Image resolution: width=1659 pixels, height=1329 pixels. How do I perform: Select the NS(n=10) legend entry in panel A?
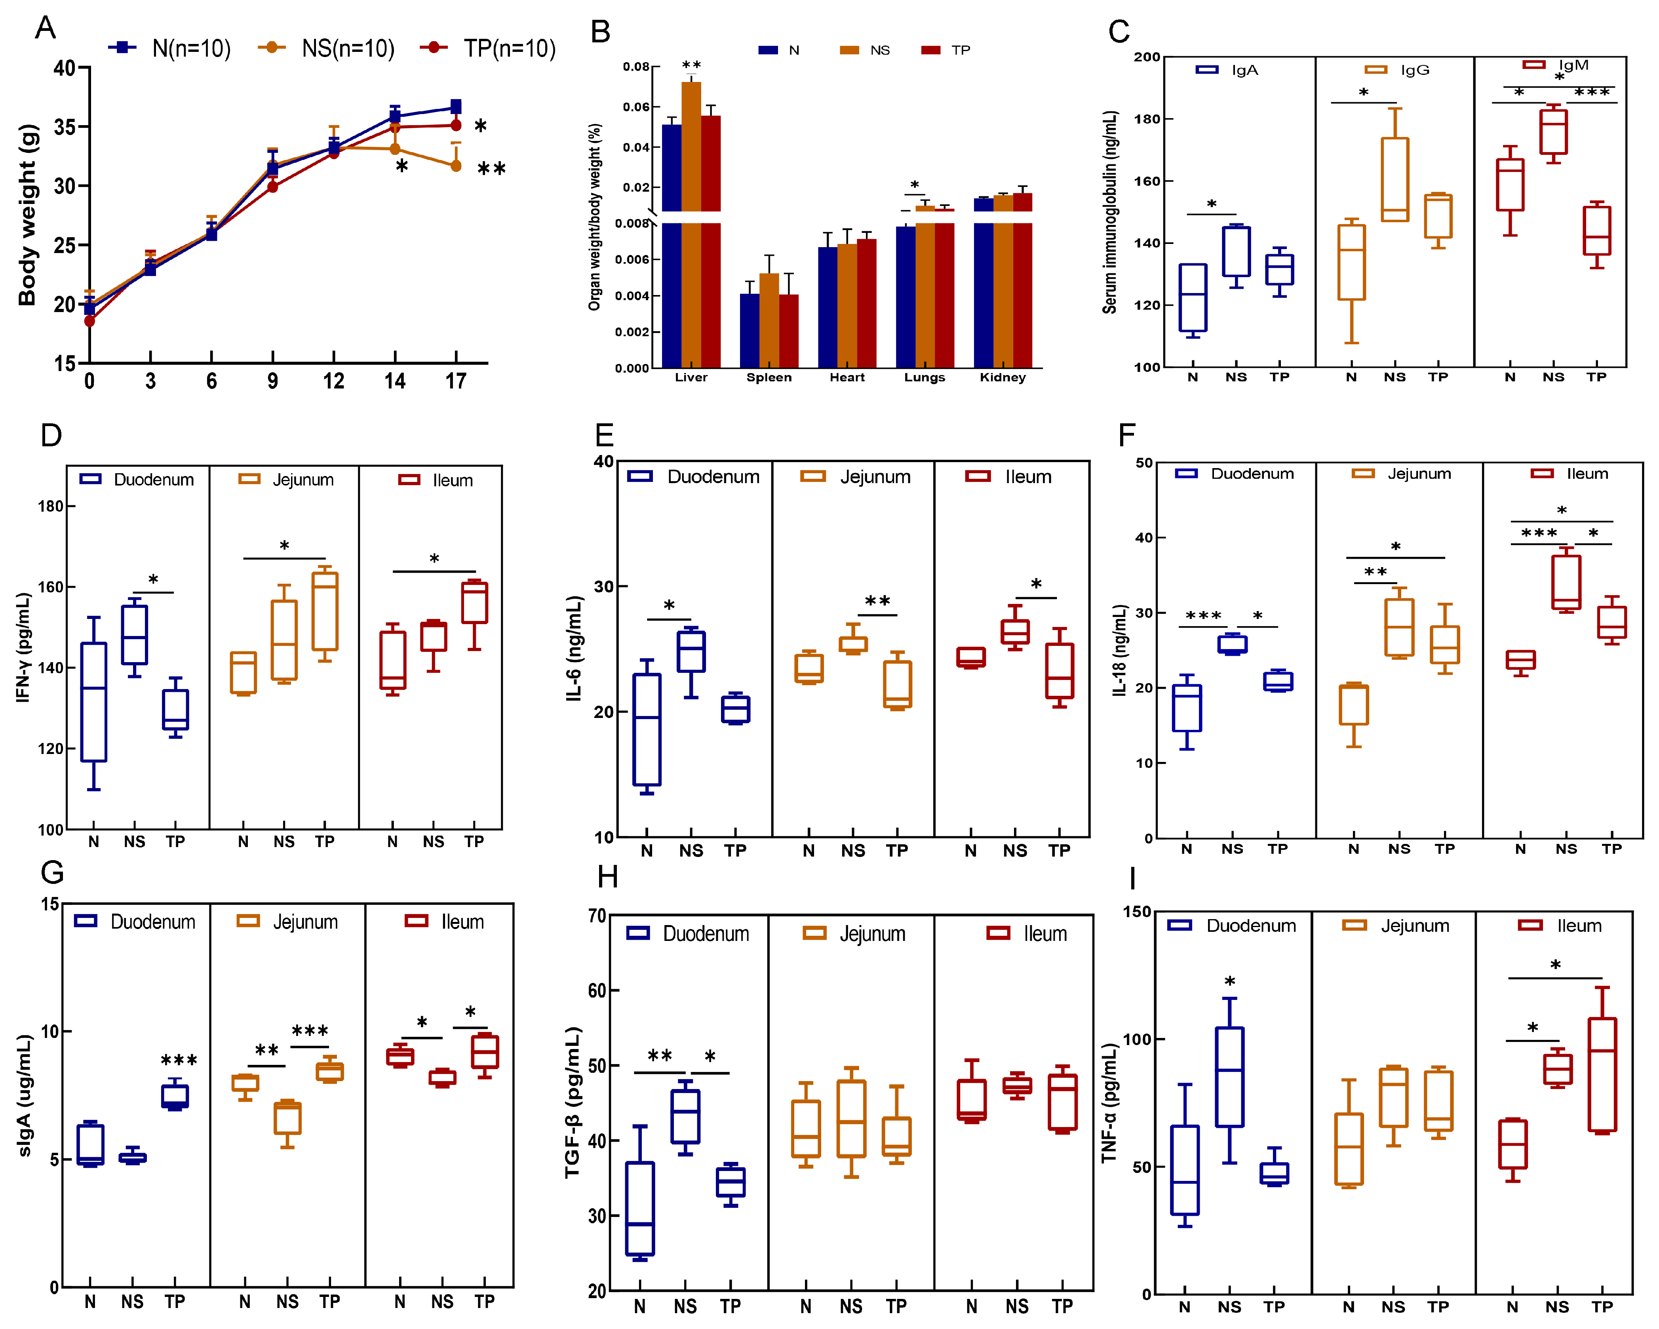pyautogui.click(x=329, y=48)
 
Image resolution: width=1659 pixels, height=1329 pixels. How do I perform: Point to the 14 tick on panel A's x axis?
pyautogui.click(x=395, y=381)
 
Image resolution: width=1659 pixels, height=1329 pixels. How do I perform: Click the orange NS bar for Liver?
pyautogui.click(x=691, y=146)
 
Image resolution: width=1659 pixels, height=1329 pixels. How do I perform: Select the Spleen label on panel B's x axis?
pyautogui.click(x=769, y=377)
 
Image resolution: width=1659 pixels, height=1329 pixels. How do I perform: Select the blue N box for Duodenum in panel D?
pyautogui.click(x=94, y=702)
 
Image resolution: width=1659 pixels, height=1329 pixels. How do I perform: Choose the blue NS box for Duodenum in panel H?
pyautogui.click(x=685, y=1116)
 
